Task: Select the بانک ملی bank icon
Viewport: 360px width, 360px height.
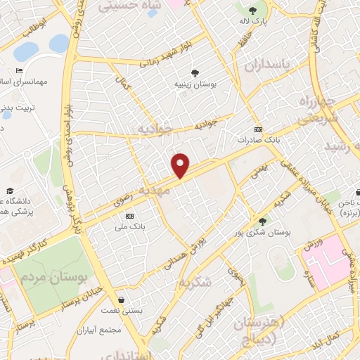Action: point(129,215)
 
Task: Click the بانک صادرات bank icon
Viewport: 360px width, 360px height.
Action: point(258,129)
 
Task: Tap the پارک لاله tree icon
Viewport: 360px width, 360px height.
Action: point(252,10)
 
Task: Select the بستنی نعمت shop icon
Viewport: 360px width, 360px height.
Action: point(122,300)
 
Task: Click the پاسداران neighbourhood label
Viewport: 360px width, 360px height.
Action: point(266,65)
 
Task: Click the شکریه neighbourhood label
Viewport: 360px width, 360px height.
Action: point(195,282)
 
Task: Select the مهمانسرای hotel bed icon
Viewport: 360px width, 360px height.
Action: point(19,71)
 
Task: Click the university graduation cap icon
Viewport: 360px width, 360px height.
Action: point(10,191)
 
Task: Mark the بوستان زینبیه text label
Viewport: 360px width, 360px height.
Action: point(194,84)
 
